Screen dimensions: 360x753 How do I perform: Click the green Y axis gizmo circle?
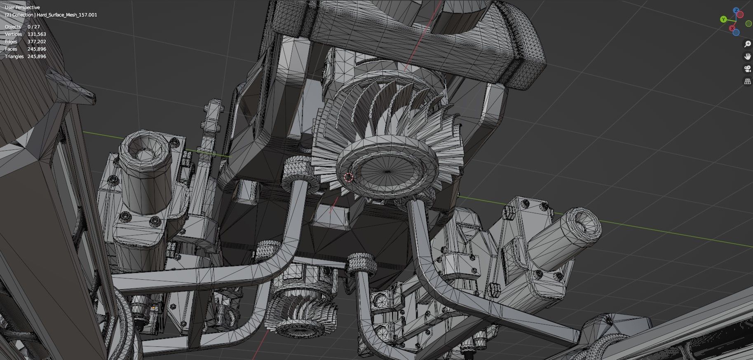point(723,19)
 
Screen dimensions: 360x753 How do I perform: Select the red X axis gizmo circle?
point(732,28)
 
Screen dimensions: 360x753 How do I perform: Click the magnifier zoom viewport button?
point(747,44)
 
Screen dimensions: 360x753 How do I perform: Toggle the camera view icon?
point(747,69)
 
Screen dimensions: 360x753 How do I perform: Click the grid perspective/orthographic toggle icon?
point(747,81)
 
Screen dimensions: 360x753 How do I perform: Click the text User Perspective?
point(22,7)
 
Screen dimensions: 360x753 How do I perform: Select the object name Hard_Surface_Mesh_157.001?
point(67,15)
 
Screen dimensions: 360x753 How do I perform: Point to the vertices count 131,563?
point(37,34)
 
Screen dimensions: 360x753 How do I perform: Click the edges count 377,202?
point(37,42)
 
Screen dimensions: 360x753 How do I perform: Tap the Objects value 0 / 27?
point(34,27)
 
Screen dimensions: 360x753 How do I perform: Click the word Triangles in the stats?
point(14,56)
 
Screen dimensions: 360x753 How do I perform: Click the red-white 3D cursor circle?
point(348,178)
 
